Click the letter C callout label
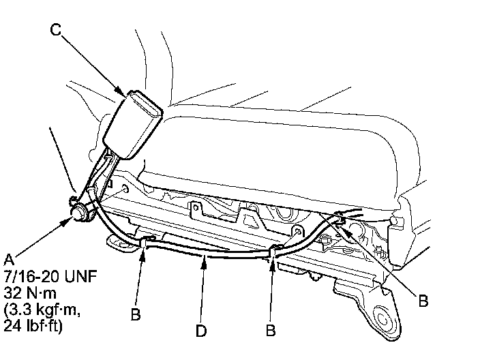(56, 30)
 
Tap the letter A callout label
(8, 259)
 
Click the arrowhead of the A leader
(70, 220)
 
